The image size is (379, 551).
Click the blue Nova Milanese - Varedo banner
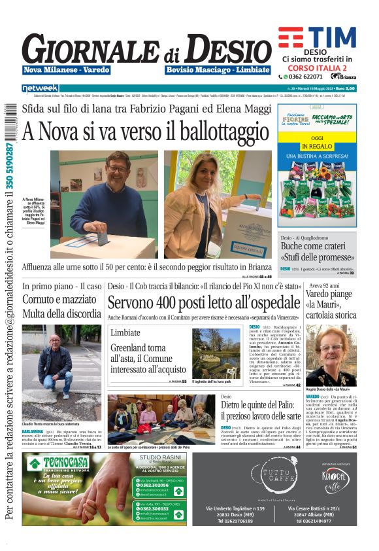[x=66, y=69]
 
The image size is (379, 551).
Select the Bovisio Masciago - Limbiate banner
[x=218, y=69]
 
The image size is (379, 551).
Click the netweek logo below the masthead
[x=40, y=88]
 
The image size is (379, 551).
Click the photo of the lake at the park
[x=216, y=353]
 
